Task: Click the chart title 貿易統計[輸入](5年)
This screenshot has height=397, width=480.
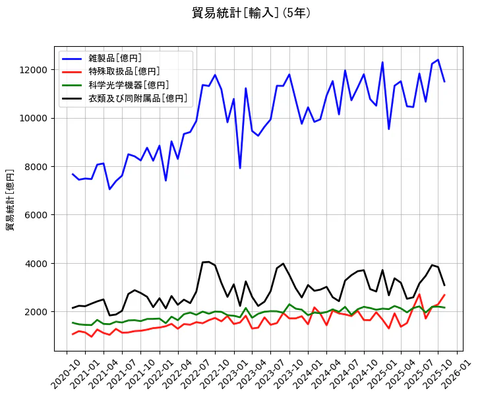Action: [x=251, y=13]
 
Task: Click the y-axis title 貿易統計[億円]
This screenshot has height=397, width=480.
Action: [x=11, y=199]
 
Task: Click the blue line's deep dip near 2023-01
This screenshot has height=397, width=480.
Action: [x=240, y=168]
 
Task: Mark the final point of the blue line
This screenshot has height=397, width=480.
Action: [x=444, y=81]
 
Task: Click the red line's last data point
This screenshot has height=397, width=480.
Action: [x=444, y=295]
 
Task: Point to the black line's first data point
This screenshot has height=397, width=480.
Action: [x=73, y=308]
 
